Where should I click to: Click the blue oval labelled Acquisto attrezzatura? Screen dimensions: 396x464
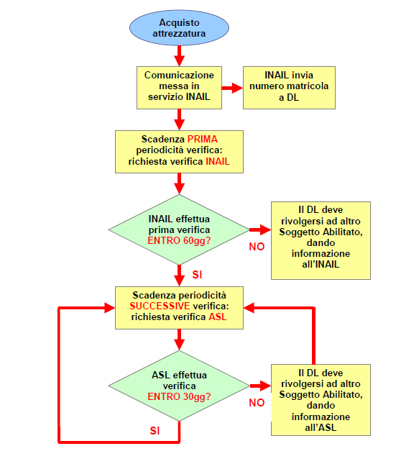pos(179,28)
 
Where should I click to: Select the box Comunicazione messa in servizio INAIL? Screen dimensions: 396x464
pos(179,88)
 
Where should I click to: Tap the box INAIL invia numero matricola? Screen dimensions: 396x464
pos(289,88)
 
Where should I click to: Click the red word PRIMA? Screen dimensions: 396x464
pos(202,139)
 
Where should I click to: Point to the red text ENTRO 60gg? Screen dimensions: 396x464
pos(179,240)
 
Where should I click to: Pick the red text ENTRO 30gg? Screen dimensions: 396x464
pos(179,396)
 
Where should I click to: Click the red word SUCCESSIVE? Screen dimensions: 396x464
pos(160,306)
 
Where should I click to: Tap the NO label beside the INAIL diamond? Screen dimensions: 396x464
pos(257,247)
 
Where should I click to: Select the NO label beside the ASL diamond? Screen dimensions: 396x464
pos(257,402)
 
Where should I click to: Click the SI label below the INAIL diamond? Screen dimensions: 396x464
pos(197,275)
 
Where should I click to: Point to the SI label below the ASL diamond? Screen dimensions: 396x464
pos(155,431)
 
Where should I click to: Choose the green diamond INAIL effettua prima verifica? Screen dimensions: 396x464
pos(179,229)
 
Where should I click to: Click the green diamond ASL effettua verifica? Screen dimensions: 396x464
pos(179,386)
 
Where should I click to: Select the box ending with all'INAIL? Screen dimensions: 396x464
pos(321,240)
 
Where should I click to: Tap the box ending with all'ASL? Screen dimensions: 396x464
pos(321,400)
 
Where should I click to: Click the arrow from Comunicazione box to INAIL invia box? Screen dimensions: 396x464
pos(232,88)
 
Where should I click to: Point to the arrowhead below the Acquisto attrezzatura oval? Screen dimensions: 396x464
pos(179,60)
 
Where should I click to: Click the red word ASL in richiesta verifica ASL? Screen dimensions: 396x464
pos(218,317)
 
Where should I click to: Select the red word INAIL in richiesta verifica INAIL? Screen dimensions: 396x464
pos(218,162)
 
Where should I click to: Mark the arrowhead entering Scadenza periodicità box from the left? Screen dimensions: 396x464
pos(110,308)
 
